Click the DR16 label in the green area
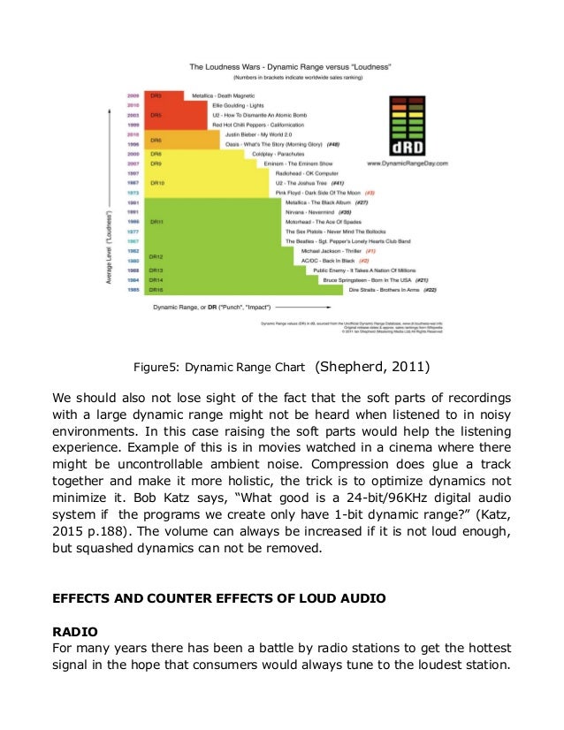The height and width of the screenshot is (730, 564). pos(156,289)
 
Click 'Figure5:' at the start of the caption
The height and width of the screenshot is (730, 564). pos(156,368)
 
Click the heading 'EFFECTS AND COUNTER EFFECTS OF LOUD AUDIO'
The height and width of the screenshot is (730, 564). pos(220,599)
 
